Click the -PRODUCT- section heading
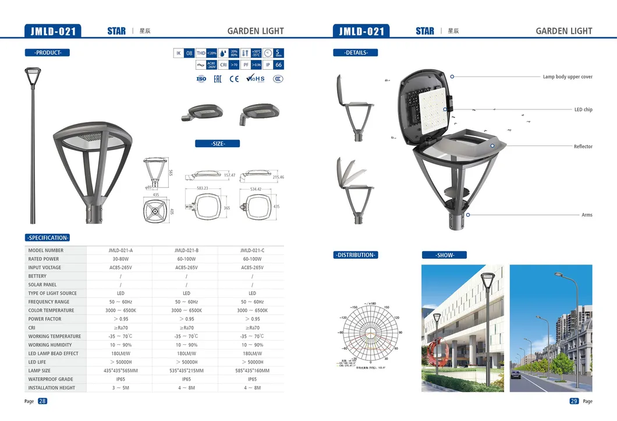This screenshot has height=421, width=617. [x=48, y=53]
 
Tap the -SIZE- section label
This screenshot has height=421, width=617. [x=217, y=144]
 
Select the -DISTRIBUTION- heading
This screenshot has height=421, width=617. [x=356, y=255]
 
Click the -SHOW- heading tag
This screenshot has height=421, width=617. [x=444, y=255]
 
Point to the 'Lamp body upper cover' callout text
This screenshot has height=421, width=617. [x=567, y=77]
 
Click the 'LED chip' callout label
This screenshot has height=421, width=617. [x=583, y=109]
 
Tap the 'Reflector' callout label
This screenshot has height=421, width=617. [x=583, y=147]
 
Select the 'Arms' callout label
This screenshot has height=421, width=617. [x=587, y=215]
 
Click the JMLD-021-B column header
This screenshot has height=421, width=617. [x=186, y=251]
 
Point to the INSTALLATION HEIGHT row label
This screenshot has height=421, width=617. [x=52, y=388]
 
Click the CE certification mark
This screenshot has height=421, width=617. [x=234, y=79]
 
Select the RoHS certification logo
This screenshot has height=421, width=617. [x=255, y=79]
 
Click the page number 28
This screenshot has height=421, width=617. [x=42, y=401]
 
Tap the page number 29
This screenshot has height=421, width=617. [x=574, y=401]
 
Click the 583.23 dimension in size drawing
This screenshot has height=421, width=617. [x=202, y=188]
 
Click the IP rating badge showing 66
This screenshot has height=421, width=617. [x=278, y=65]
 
